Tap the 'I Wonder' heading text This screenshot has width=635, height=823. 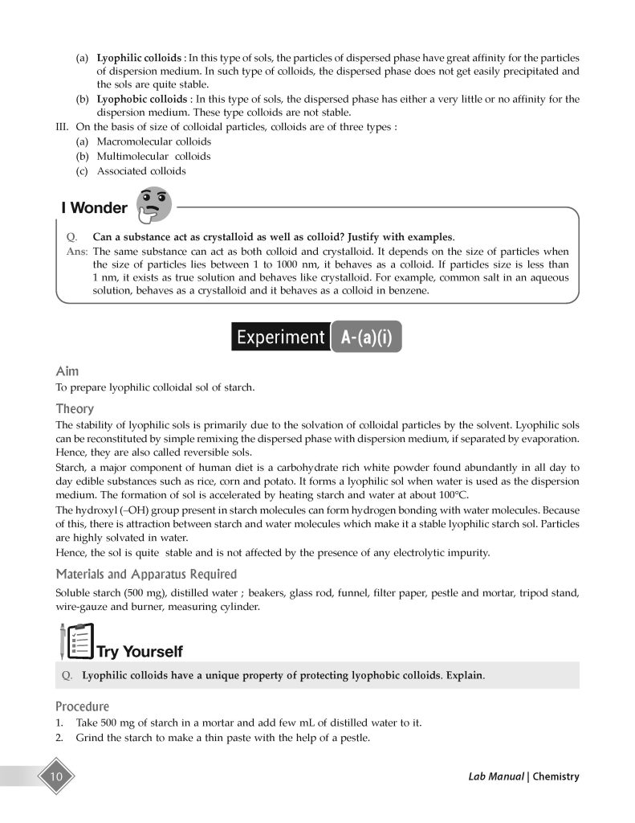click(x=94, y=208)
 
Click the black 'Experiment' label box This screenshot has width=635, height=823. click(x=279, y=337)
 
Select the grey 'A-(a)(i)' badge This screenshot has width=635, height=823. click(x=365, y=337)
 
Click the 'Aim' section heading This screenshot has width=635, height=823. click(x=67, y=372)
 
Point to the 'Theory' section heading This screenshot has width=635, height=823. click(x=75, y=408)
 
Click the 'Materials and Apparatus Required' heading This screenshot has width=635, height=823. click(x=146, y=574)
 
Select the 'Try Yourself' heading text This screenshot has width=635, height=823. click(x=140, y=651)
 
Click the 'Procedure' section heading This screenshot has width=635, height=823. click(x=82, y=706)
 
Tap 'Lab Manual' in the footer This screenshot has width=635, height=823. click(x=496, y=776)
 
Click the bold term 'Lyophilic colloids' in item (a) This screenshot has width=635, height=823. click(x=140, y=59)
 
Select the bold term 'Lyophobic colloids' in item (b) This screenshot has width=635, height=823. click(x=142, y=99)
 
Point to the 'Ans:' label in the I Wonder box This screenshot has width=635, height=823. click(x=75, y=251)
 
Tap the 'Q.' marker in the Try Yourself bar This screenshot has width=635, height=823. click(x=68, y=675)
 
